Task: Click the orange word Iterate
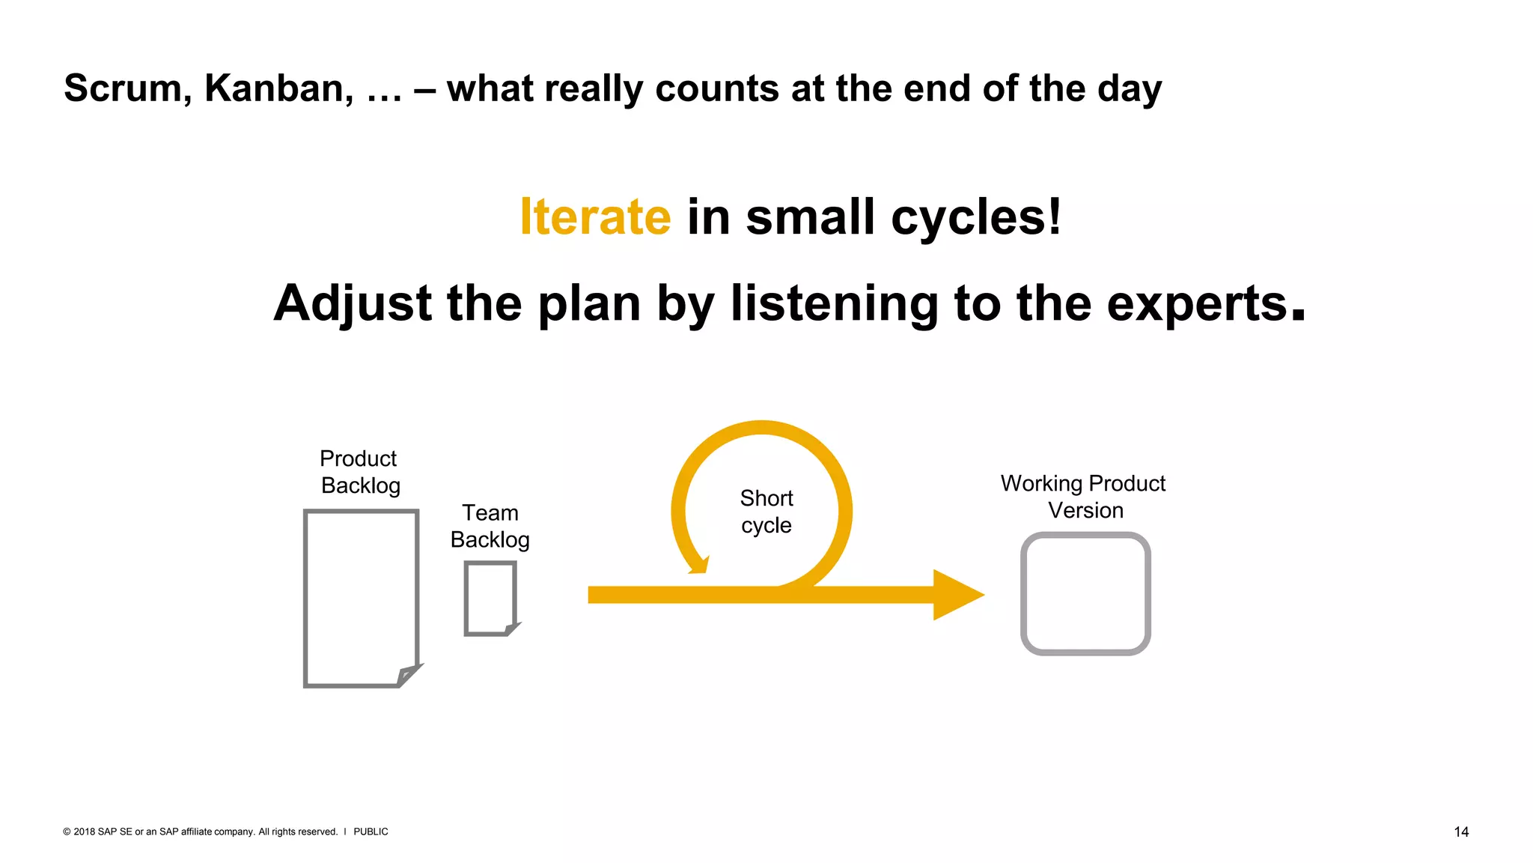click(x=595, y=217)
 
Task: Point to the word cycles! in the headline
click(x=976, y=217)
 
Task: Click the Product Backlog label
click(x=360, y=472)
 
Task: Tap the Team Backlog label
click(x=490, y=526)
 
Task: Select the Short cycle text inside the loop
click(x=766, y=512)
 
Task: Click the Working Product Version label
click(x=1083, y=497)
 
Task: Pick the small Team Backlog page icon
click(x=489, y=596)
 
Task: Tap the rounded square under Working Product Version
click(x=1085, y=593)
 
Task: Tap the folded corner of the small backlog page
click(x=512, y=628)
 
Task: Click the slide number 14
click(x=1460, y=832)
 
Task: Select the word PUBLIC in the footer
click(x=371, y=832)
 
